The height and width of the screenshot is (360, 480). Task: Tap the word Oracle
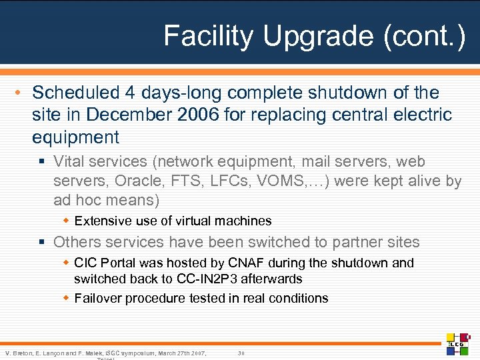(139, 181)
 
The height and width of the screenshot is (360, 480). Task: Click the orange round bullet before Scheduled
(22, 93)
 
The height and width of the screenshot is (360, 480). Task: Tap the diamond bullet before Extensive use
(66, 221)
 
